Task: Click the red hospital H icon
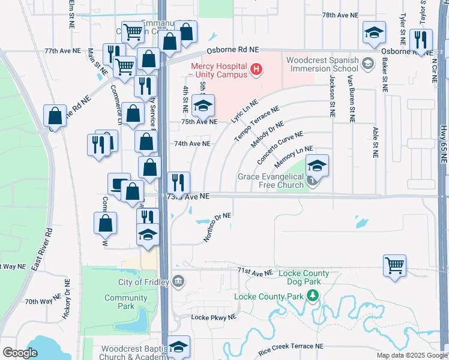257,70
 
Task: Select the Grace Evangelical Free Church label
271,181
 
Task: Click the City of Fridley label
144,282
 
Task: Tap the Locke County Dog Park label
304,278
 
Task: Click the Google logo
19,353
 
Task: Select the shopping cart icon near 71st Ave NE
394,265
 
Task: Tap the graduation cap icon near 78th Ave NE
375,34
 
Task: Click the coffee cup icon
118,184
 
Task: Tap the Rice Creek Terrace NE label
291,346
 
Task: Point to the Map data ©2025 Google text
412,355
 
